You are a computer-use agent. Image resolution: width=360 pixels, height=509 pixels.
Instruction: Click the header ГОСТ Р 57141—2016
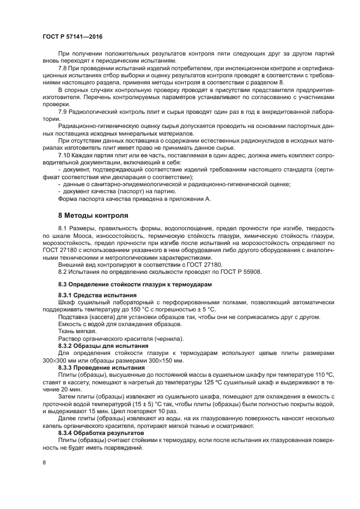tap(72, 36)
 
